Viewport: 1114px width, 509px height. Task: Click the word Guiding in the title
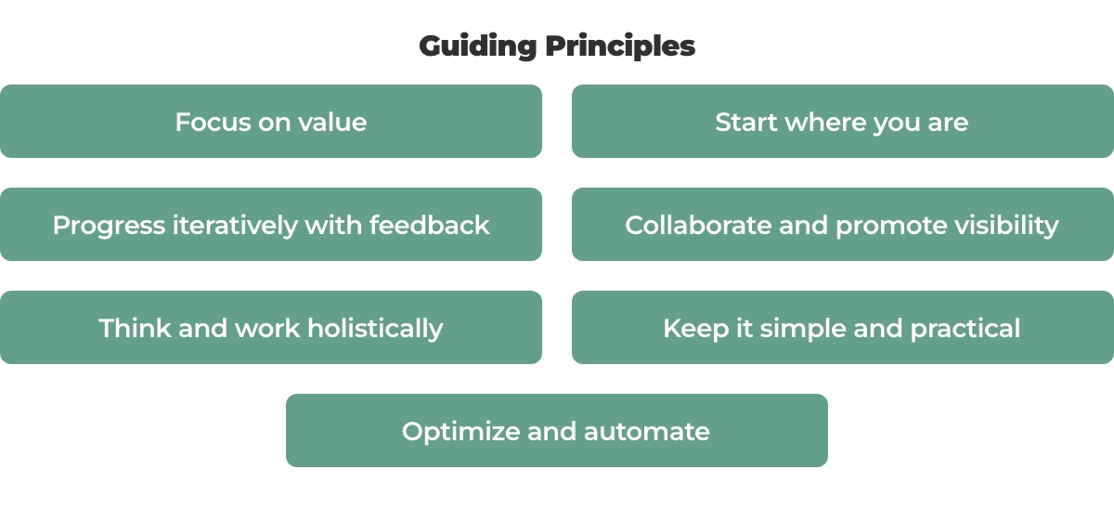click(478, 47)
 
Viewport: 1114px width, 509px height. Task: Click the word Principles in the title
click(620, 47)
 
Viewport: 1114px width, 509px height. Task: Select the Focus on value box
click(271, 121)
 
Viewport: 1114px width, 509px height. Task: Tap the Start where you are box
click(843, 121)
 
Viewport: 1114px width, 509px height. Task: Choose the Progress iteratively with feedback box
click(271, 224)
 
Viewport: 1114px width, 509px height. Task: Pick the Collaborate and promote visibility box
click(843, 224)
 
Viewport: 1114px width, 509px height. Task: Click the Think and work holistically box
click(271, 327)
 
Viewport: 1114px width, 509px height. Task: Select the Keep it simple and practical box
click(843, 327)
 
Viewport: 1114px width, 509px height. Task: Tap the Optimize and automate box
click(557, 430)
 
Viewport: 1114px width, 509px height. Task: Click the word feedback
click(429, 225)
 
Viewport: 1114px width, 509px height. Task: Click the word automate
click(646, 432)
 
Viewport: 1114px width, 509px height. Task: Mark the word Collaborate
click(698, 225)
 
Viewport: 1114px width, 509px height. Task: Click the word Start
click(746, 122)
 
